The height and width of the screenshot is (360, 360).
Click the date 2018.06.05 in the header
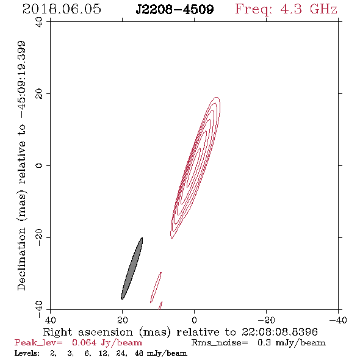click(62, 9)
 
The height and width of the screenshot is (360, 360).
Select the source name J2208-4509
click(175, 9)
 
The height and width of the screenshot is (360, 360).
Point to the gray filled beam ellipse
click(132, 268)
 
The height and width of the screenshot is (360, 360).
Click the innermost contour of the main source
click(193, 167)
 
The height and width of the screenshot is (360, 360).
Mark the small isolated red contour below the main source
click(156, 287)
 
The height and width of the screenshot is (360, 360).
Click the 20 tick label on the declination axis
click(39, 94)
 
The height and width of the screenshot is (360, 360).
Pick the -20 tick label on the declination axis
click(39, 238)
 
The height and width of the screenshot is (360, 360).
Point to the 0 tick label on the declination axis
click(39, 165)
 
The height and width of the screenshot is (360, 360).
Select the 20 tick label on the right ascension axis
click(123, 320)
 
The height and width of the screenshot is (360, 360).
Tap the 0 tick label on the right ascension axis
click(194, 320)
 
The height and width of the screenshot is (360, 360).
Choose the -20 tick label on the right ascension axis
click(266, 320)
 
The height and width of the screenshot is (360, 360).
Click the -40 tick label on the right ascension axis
click(338, 320)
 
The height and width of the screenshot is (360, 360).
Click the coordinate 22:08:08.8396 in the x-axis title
click(279, 332)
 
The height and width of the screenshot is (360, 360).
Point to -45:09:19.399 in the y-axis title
click(22, 80)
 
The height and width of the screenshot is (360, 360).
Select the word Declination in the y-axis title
click(21, 259)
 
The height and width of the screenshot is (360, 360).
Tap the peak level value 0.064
click(84, 342)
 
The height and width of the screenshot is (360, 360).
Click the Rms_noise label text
click(220, 343)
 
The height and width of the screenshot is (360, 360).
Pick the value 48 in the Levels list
click(139, 353)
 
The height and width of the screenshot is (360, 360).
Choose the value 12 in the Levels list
click(103, 353)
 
